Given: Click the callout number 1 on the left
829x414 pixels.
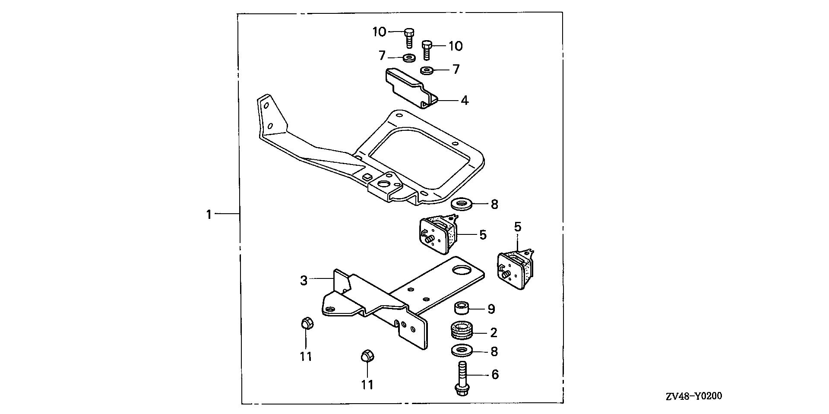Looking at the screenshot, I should coord(209,214).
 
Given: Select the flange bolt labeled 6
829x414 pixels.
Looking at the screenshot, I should coord(461,379).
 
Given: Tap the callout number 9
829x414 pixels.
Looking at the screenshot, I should coord(491,309).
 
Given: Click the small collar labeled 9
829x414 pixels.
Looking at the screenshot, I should coord(461,309).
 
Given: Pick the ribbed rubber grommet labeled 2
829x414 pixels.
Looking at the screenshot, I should coord(462,332).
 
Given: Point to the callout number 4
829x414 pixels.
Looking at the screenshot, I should coord(464,101).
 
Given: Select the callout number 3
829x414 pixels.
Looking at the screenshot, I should coord(304,280).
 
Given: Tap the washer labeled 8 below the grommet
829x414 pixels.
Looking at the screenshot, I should coord(461,351).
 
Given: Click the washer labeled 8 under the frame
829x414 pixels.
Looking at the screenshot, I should coord(461,203).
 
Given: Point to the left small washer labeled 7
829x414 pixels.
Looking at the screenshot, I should coord(408,57).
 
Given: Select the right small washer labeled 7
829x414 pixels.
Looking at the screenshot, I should coord(427,70).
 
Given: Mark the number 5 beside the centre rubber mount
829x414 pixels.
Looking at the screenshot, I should coord(483,235).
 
